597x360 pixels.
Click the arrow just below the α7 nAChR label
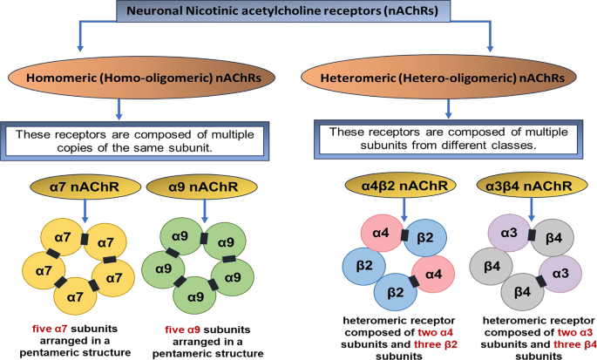click(x=83, y=213)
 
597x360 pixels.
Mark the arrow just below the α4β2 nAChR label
click(x=404, y=211)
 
